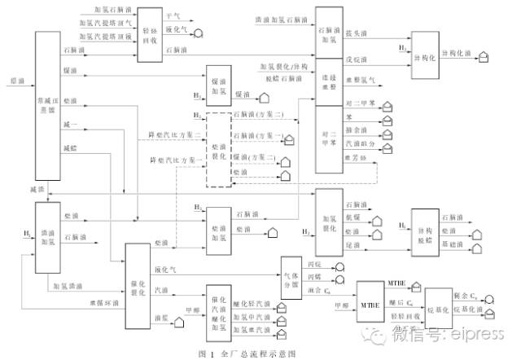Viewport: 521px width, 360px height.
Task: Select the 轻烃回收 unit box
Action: (x=147, y=34)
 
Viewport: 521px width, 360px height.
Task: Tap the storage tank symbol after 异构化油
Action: (x=482, y=54)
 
